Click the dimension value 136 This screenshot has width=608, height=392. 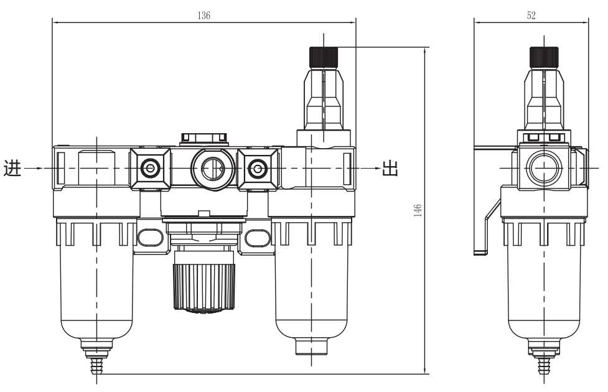(203, 16)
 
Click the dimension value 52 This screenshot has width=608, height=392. (531, 16)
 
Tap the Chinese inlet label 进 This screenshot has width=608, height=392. (12, 169)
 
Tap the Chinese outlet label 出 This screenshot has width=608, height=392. (390, 169)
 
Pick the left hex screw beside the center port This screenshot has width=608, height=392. (149, 168)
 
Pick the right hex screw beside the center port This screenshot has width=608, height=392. (255, 168)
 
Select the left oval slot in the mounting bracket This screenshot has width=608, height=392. (149, 237)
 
